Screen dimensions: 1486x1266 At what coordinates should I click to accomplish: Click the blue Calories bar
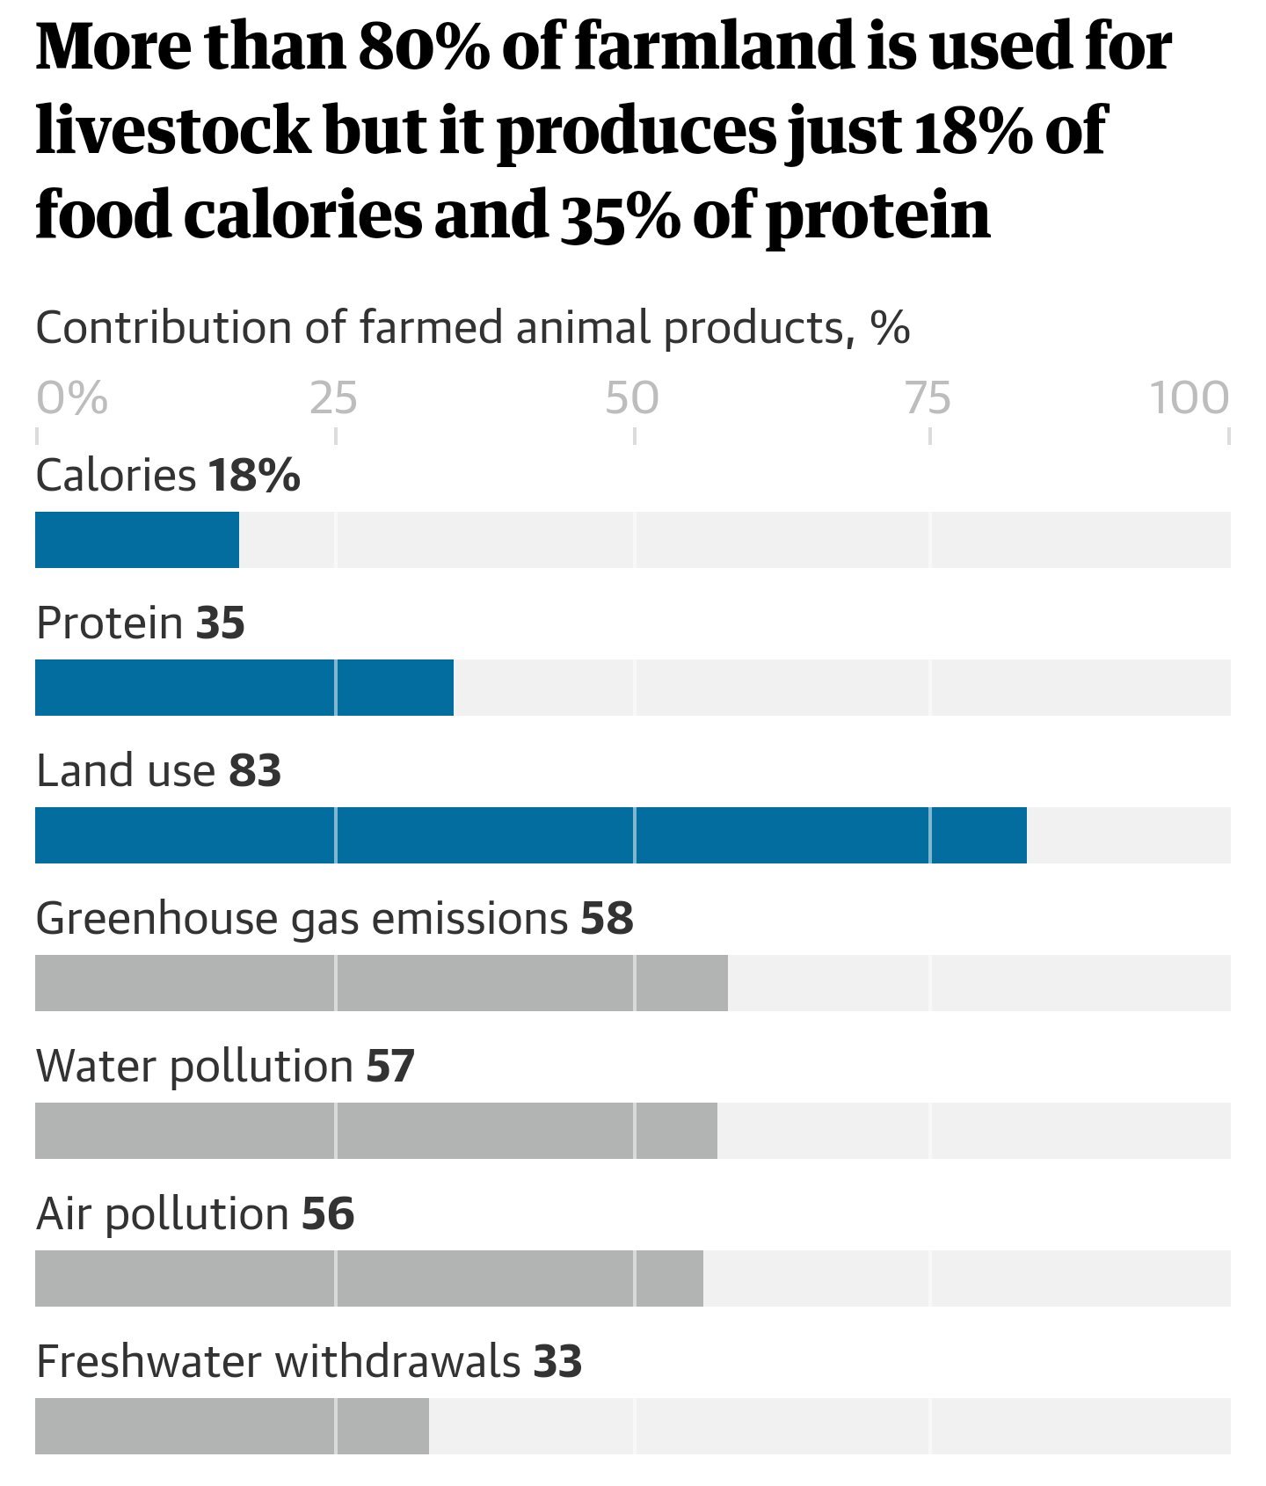pos(137,540)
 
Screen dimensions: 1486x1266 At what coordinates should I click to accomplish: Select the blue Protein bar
pos(244,688)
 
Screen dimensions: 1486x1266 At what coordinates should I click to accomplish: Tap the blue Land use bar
pos(531,835)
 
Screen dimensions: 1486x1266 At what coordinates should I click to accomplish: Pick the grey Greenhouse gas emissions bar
pos(382,983)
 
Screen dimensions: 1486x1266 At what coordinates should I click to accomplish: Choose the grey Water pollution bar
pos(376,1131)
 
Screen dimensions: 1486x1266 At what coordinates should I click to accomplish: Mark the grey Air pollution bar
pos(369,1278)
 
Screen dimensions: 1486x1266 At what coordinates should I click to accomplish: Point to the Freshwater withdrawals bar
pos(232,1426)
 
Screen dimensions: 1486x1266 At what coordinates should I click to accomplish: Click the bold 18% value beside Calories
pos(255,476)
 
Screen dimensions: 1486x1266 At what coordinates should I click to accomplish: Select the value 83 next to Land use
pos(256,771)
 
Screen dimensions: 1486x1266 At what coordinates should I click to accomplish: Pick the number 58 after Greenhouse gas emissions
pos(607,919)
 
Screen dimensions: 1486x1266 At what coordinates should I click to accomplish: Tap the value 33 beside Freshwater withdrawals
pos(557,1362)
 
